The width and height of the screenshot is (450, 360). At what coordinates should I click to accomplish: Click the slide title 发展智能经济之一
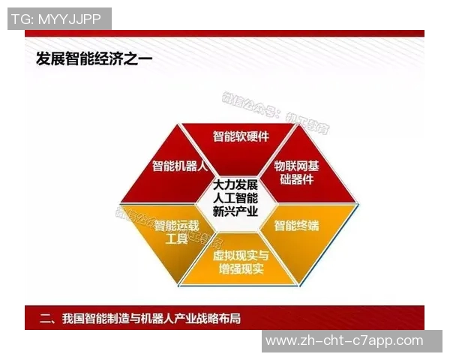click(x=94, y=59)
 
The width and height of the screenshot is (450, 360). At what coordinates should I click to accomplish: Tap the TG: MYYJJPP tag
click(x=59, y=19)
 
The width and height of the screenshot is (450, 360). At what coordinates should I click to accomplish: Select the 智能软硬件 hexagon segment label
click(x=240, y=136)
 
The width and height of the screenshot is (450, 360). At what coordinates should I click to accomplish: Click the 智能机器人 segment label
click(x=179, y=166)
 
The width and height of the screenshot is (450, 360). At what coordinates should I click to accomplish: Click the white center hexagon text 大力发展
click(x=235, y=184)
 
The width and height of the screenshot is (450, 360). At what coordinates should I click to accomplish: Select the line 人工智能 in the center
click(x=235, y=198)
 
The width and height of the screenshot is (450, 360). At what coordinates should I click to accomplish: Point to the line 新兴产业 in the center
click(x=235, y=211)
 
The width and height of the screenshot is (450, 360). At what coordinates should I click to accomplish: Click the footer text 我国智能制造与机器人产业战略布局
click(x=153, y=318)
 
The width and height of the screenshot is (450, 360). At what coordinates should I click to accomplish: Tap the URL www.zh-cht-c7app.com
click(x=344, y=340)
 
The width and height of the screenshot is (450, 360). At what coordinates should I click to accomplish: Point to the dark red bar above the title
click(x=224, y=34)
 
